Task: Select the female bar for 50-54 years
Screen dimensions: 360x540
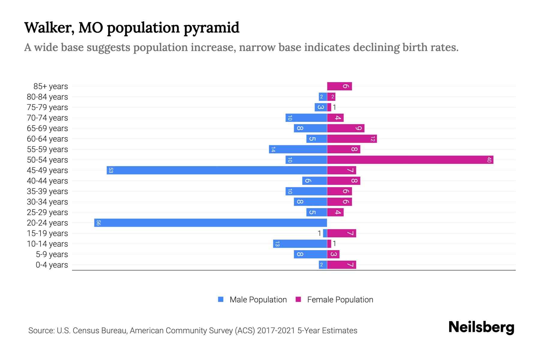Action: click(410, 160)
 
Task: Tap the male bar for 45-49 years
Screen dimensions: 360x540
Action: click(217, 170)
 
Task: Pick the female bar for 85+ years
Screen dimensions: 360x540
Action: click(339, 86)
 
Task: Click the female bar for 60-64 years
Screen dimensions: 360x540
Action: click(352, 139)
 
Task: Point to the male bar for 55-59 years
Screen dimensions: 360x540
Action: click(298, 149)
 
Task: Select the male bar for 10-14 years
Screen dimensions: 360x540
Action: click(300, 244)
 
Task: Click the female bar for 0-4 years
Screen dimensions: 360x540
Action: click(341, 265)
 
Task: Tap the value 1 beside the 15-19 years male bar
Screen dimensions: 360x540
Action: click(319, 233)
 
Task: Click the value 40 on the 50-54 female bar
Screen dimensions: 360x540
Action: click(489, 160)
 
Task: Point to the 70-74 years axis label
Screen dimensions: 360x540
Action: click(47, 118)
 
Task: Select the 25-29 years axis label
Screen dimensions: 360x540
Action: click(47, 212)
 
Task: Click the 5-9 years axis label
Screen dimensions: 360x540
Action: click(52, 254)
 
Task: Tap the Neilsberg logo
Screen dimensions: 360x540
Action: click(481, 327)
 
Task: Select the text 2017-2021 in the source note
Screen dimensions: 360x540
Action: click(276, 330)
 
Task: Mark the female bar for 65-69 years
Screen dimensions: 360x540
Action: click(346, 128)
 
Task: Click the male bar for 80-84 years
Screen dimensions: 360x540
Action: click(322, 97)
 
